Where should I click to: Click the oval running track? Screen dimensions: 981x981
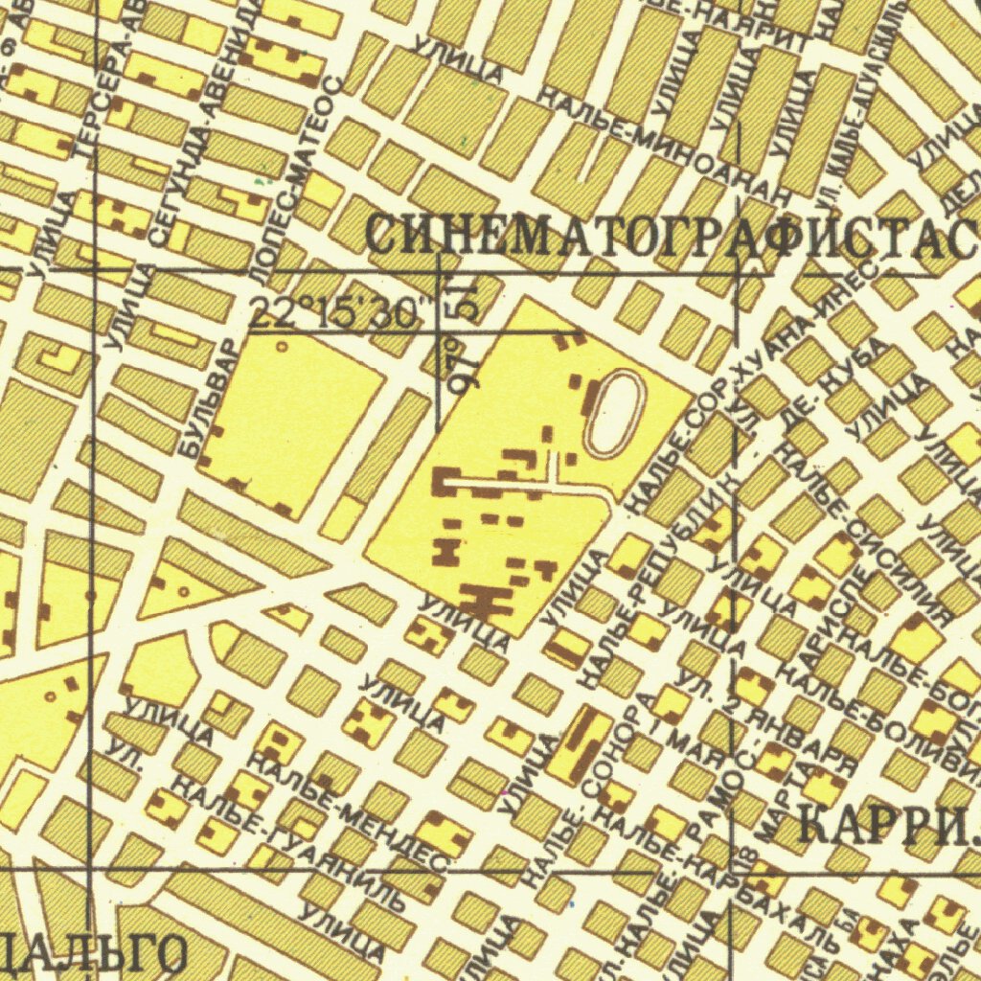[614, 413]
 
